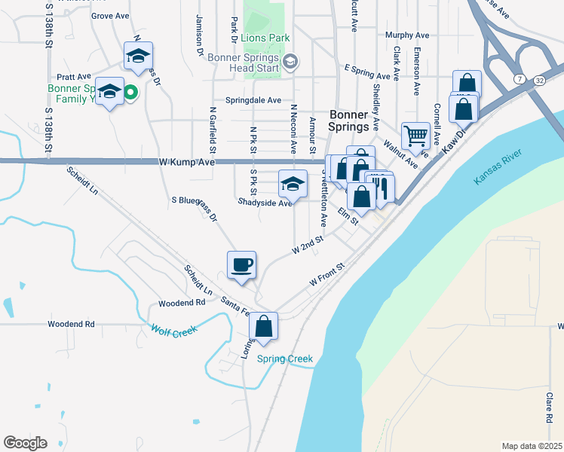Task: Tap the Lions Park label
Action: click(x=269, y=38)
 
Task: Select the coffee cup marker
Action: click(x=241, y=265)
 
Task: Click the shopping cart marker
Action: click(x=415, y=136)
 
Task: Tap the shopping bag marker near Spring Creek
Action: click(x=264, y=327)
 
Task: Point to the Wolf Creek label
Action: click(x=173, y=330)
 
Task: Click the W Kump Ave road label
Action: click(x=187, y=162)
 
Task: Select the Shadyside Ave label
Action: click(x=264, y=203)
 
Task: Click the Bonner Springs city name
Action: click(x=358, y=121)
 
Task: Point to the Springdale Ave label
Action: click(x=253, y=100)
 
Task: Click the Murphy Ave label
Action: click(x=406, y=35)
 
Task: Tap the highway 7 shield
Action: click(x=520, y=78)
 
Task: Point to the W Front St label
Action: click(x=326, y=274)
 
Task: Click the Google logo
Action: click(x=25, y=443)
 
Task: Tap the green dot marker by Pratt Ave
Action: click(x=130, y=93)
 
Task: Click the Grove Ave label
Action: click(x=110, y=15)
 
